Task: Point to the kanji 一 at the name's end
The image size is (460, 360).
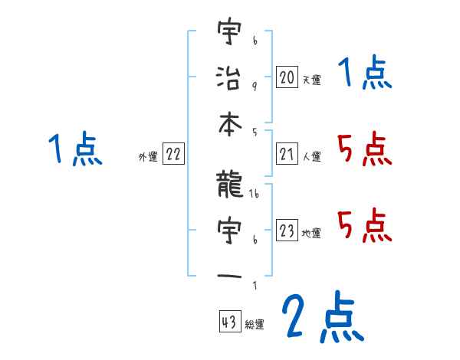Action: pos(229,274)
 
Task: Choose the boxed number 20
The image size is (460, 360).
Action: pos(287,77)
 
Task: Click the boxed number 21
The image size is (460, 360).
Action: pos(287,155)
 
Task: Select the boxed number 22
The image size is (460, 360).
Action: pos(173,155)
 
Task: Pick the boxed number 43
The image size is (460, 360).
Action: pos(228,323)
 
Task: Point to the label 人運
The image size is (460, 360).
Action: pos(311,157)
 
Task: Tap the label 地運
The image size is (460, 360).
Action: pos(311,233)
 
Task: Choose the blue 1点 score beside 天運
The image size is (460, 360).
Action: pos(364,74)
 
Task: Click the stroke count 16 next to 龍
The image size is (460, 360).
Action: pos(255,196)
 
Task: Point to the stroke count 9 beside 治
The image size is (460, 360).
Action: pos(255,85)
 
